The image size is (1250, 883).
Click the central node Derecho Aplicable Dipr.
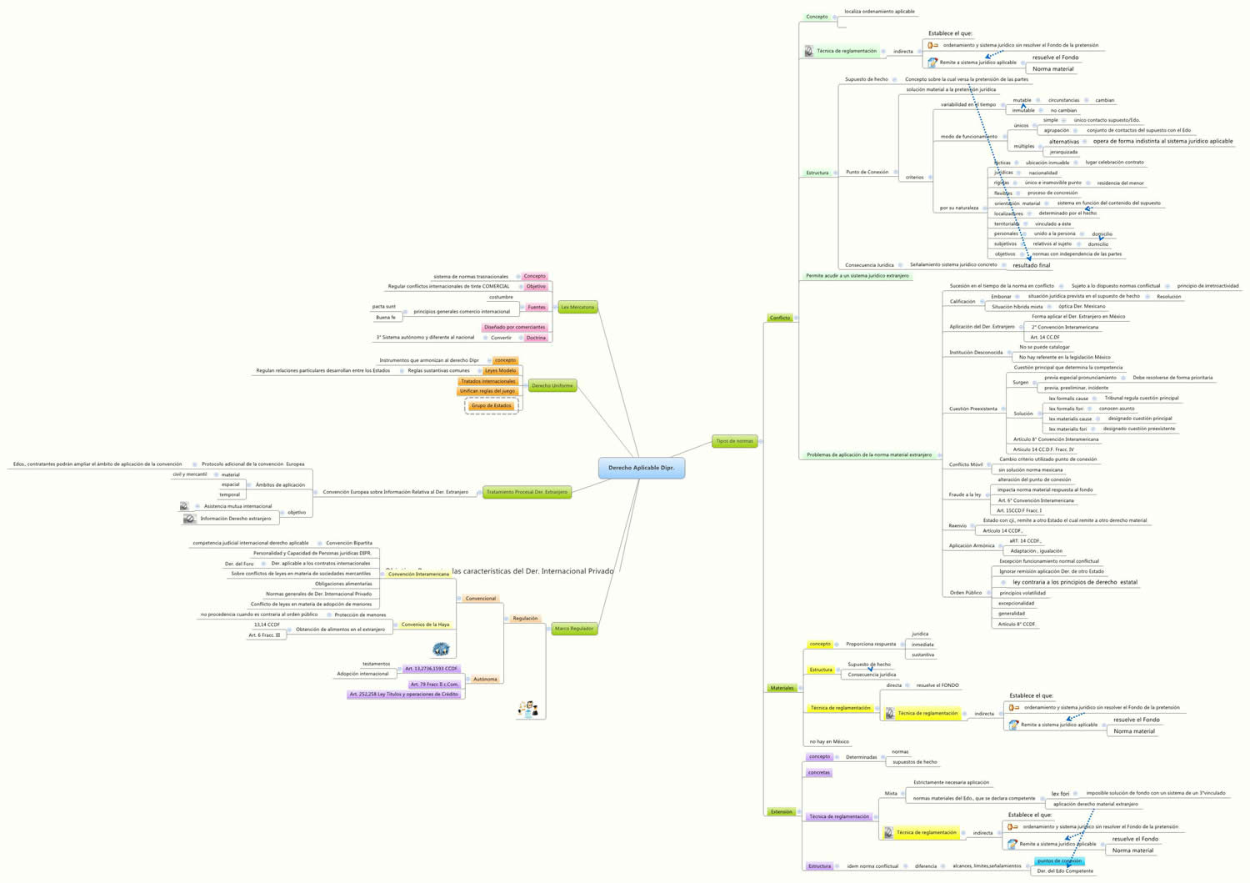pos(641,468)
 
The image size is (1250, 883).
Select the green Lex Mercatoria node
pos(577,307)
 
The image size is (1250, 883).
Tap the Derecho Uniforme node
pos(552,386)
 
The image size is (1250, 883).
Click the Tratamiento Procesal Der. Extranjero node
pos(527,492)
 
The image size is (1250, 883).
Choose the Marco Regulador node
pos(574,629)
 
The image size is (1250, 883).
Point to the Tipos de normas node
pos(734,441)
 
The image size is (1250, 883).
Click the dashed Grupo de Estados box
pos(491,406)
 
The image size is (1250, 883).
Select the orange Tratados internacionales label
pos(487,381)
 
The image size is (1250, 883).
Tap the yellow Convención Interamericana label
pos(418,574)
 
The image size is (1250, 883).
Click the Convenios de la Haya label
pos(425,625)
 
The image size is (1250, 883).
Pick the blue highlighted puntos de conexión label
pos(1059,860)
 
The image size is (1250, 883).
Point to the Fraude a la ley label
pos(964,494)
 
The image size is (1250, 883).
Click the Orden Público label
pos(966,593)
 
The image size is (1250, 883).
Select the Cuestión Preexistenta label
pos(972,409)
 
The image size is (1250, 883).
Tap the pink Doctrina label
pos(536,338)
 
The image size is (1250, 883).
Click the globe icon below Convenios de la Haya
pos(441,649)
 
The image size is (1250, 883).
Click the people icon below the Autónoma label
pos(527,709)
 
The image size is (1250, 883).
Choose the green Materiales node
pos(782,688)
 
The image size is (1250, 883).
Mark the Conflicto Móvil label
pos(965,464)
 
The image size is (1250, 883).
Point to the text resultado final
pos(1031,265)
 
